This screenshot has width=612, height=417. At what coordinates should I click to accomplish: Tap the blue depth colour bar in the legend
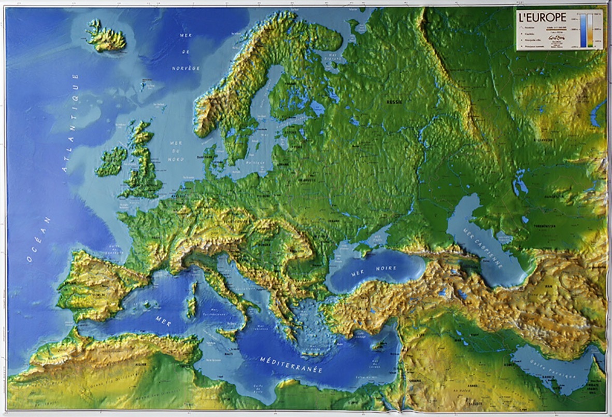click(583, 30)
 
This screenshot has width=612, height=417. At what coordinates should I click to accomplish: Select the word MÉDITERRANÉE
click(291, 365)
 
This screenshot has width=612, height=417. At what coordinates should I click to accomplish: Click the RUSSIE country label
click(394, 102)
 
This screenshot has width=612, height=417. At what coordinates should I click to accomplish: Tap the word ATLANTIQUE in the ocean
click(70, 122)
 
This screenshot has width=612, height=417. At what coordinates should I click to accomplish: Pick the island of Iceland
click(106, 36)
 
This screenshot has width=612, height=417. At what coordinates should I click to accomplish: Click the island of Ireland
click(111, 161)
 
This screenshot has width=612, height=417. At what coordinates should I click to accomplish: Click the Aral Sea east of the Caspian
click(519, 182)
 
